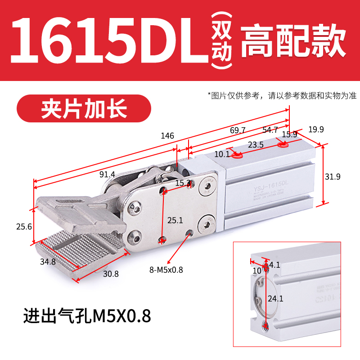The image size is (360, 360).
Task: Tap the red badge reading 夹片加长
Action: (x=84, y=108)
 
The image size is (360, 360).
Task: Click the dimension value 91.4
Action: (x=107, y=175)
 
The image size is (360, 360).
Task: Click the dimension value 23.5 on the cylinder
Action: (x=255, y=145)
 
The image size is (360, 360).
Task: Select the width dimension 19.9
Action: (x=316, y=129)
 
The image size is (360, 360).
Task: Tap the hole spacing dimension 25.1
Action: (x=175, y=220)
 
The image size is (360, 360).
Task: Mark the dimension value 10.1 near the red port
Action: (x=221, y=154)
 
